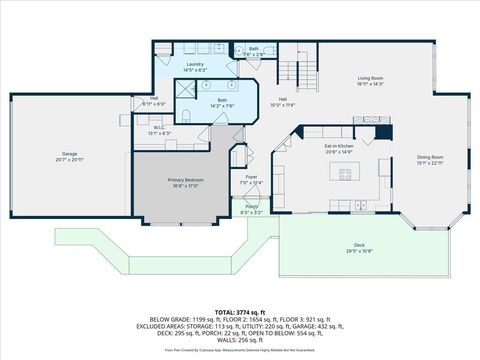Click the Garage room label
pyautogui.click(x=69, y=154)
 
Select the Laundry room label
pyautogui.click(x=194, y=65)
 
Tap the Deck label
pyautogui.click(x=358, y=244)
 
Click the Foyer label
pyautogui.click(x=251, y=177)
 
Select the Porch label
pyautogui.click(x=251, y=207)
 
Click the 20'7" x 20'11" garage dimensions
pyautogui.click(x=69, y=160)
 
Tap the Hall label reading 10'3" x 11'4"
pyautogui.click(x=283, y=99)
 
